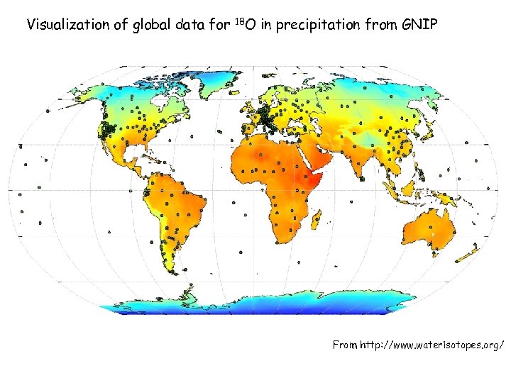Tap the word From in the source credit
click(346, 345)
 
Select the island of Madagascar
click(328, 226)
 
